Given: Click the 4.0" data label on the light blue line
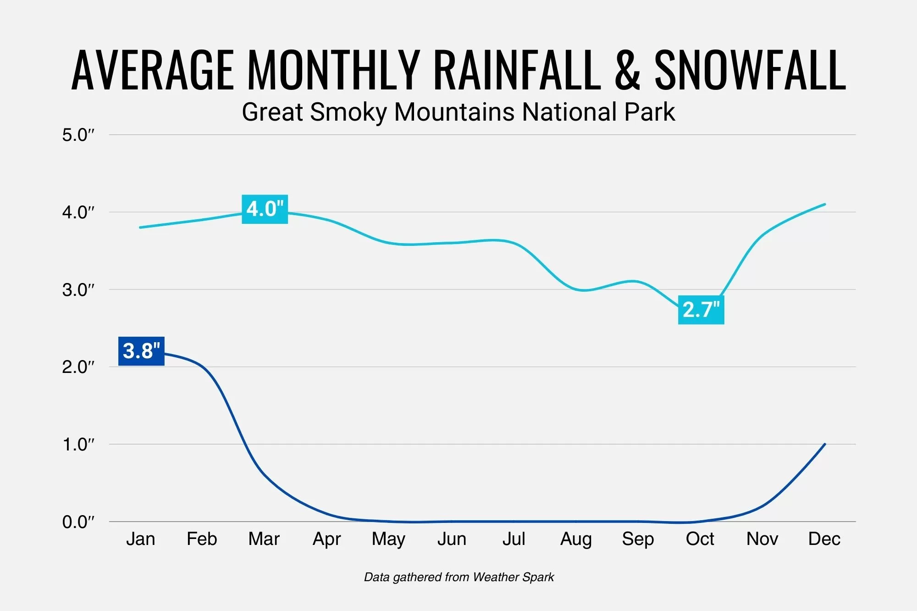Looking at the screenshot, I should [x=265, y=209].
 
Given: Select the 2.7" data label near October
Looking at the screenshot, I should [x=701, y=310].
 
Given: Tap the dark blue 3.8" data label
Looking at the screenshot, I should [x=141, y=351].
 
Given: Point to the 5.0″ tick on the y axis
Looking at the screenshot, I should [x=78, y=135].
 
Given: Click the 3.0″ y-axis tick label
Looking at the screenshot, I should [x=78, y=290].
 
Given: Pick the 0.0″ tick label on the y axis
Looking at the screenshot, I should [x=78, y=522].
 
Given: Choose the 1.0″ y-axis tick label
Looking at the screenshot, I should [x=78, y=444].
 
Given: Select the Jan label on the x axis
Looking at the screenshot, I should [x=140, y=539].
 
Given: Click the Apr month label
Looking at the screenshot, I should [x=326, y=539].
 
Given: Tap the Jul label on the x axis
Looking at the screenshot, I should [x=514, y=539].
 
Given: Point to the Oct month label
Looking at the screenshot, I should [x=700, y=539].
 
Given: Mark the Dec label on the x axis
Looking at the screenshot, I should [x=824, y=539].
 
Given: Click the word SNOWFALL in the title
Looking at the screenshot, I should [x=750, y=70].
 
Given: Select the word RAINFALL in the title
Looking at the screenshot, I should [x=517, y=70].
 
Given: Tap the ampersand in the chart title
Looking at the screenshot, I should [x=627, y=70].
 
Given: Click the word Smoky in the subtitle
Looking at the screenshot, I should [x=348, y=112].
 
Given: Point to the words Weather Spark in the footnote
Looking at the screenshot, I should [x=513, y=577].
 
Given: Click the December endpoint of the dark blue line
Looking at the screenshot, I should [x=825, y=444].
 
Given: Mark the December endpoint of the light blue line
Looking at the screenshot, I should [x=825, y=204].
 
